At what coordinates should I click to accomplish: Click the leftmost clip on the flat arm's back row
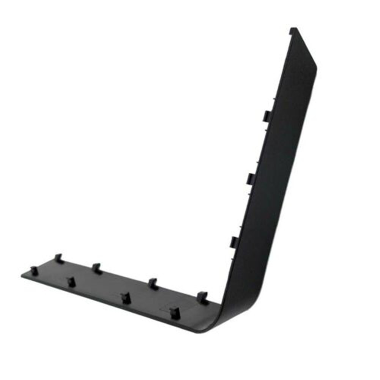click(58, 259)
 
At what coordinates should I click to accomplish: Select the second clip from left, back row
click(96, 268)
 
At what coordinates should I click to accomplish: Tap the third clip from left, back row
click(153, 284)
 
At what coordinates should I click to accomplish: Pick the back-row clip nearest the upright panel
click(202, 297)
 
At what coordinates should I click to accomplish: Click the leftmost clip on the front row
click(34, 271)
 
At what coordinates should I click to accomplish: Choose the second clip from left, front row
click(71, 282)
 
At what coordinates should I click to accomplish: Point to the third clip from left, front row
click(126, 298)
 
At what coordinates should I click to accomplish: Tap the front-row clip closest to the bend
click(175, 312)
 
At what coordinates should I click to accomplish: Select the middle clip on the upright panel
click(251, 178)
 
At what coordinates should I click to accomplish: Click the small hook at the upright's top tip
click(293, 30)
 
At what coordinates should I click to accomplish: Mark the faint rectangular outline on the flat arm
click(178, 304)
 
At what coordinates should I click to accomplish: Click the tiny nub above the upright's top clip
click(274, 99)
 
